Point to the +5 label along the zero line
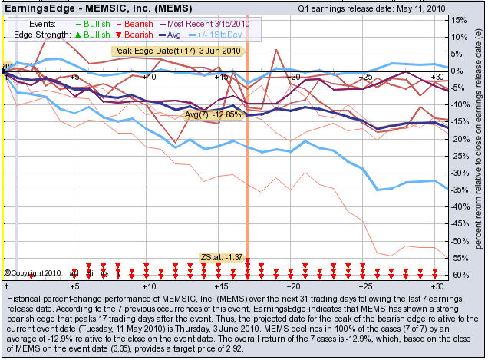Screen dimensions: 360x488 [x=74, y=78]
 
